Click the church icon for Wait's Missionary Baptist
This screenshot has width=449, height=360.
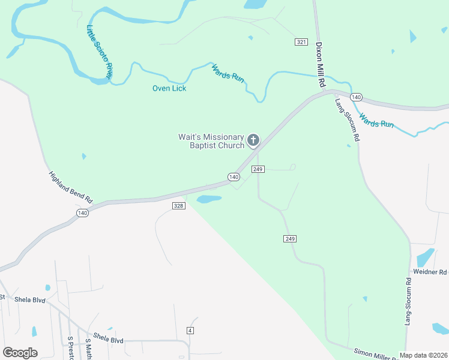(x=253, y=141)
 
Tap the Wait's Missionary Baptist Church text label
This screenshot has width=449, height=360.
(x=211, y=141)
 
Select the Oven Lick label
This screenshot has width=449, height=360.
(x=169, y=88)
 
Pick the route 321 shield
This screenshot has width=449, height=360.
(x=301, y=41)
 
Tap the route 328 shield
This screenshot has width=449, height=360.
(x=178, y=206)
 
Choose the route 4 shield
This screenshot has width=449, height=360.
(x=190, y=331)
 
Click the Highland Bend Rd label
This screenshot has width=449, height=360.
(x=71, y=187)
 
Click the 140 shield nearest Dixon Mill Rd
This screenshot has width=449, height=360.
(x=356, y=97)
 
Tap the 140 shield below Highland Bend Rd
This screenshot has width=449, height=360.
(x=82, y=213)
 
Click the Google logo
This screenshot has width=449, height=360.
(x=20, y=353)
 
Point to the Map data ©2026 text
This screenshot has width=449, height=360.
(x=423, y=355)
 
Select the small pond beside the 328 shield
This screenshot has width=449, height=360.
(x=209, y=199)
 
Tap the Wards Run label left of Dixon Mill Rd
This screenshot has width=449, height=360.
(x=228, y=73)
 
